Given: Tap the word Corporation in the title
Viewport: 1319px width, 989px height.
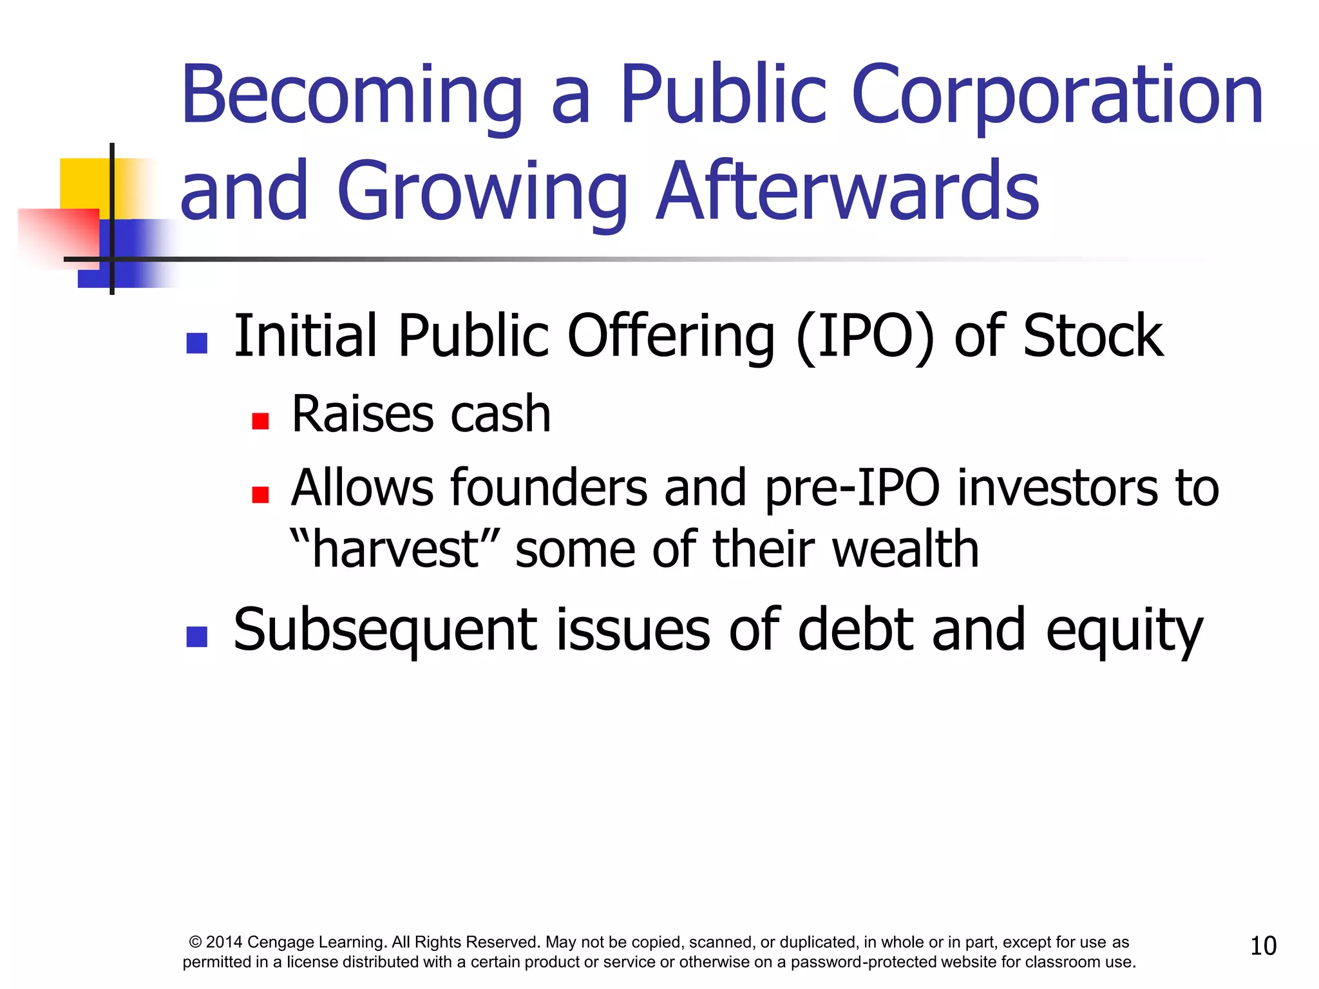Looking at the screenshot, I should tap(1057, 97).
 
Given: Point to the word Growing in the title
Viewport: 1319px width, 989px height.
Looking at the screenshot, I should tap(482, 191).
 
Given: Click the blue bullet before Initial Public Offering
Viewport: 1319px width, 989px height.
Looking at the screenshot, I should tap(196, 343).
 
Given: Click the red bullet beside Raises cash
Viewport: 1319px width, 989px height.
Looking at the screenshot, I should tap(260, 421).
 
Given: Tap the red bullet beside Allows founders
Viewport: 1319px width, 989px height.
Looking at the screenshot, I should tap(260, 494).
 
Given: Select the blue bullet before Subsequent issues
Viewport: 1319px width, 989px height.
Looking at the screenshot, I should tap(196, 637).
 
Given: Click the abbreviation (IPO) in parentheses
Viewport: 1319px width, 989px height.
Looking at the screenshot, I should tap(865, 336).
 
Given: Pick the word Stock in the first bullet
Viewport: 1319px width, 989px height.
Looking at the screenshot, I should tap(1092, 336).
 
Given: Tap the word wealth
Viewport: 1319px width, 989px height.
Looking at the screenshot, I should tap(906, 549).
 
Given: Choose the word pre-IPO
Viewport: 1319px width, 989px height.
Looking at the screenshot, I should tap(852, 488).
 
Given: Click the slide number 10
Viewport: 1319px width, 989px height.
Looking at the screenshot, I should tap(1263, 946).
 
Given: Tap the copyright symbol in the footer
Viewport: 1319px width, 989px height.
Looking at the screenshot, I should tap(196, 943).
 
